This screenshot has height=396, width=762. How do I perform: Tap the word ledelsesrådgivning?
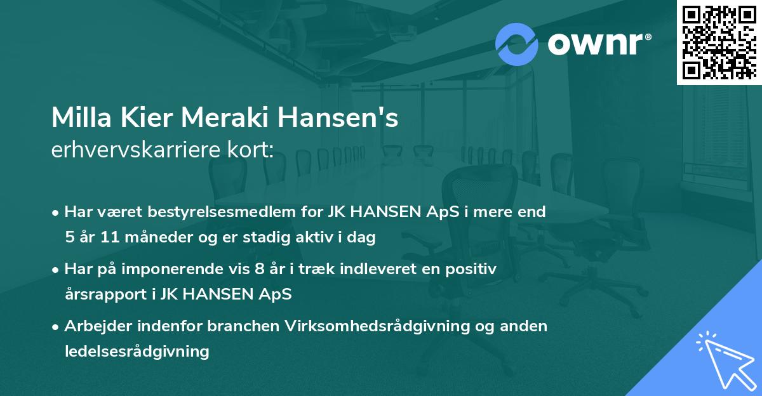[137, 351]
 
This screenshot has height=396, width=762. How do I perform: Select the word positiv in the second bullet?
[474, 269]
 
